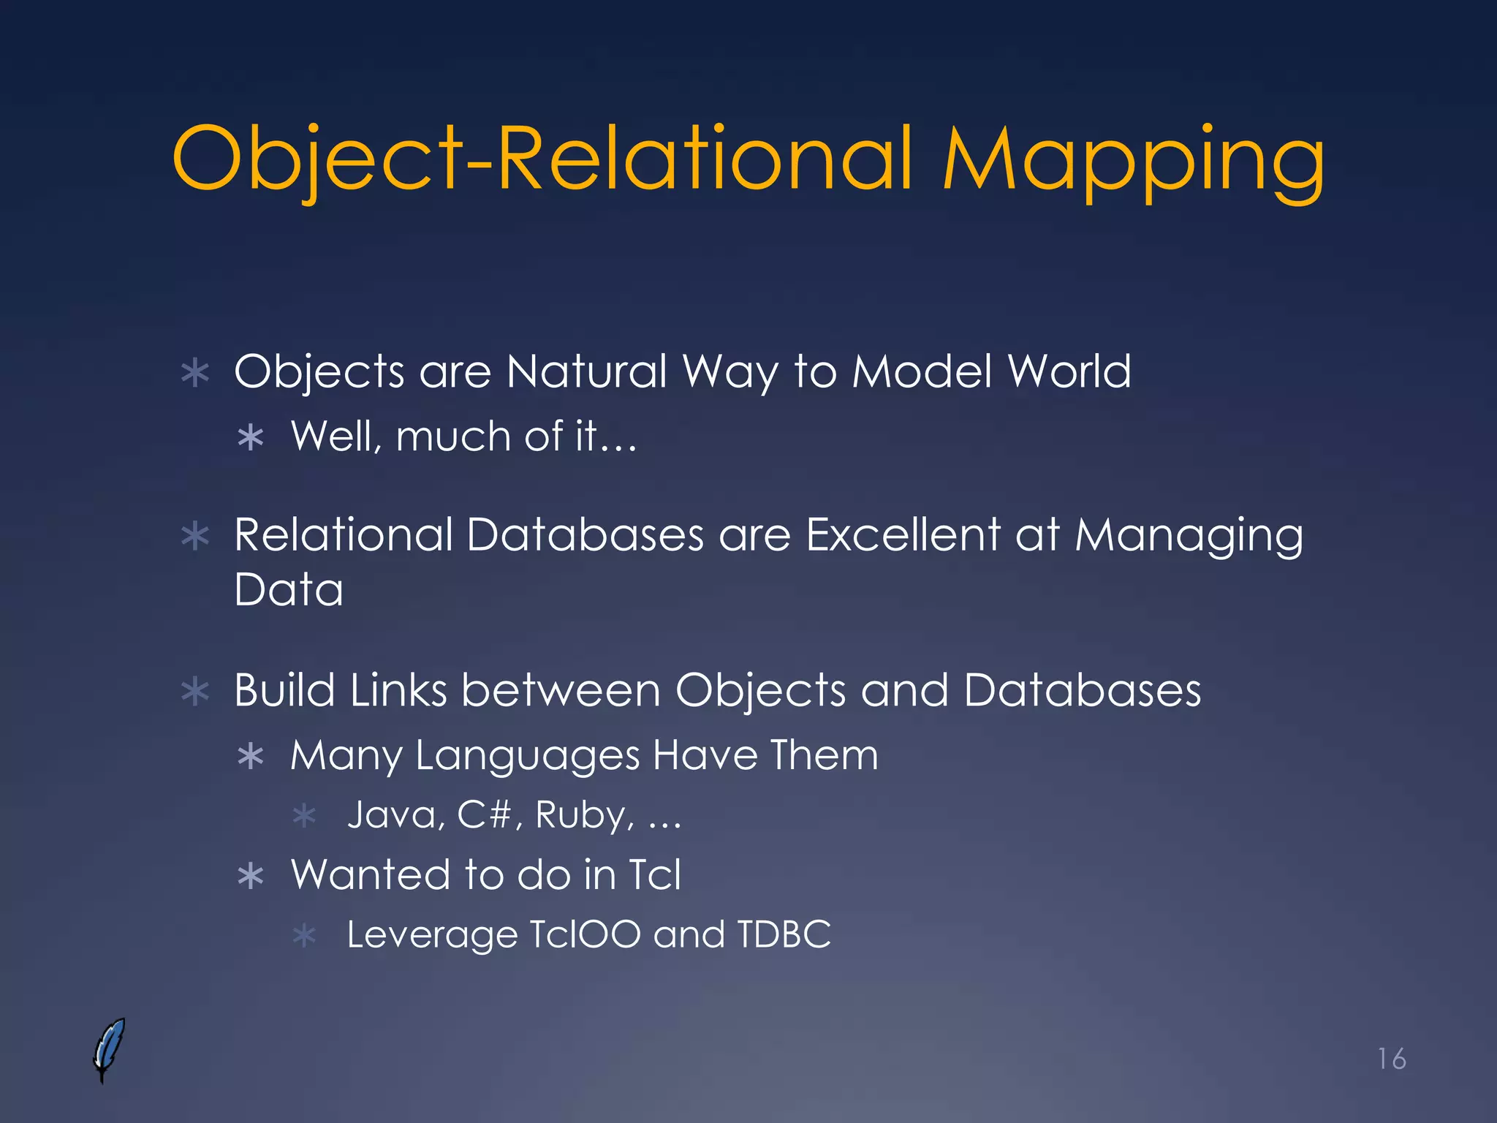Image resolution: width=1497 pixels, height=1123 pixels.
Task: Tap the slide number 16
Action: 1392,1059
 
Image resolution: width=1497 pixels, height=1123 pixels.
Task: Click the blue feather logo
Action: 109,1049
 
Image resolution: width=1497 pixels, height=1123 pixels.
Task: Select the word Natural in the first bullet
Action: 586,371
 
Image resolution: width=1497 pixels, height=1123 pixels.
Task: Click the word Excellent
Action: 903,534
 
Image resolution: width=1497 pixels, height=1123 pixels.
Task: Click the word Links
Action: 398,690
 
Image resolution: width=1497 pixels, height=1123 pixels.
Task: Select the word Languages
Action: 527,756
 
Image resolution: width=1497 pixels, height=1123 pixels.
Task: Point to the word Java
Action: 392,814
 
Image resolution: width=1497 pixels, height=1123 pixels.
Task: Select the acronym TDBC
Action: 784,934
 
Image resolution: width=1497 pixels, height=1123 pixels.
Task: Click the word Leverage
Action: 432,936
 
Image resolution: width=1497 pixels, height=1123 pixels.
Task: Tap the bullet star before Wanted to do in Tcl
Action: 251,876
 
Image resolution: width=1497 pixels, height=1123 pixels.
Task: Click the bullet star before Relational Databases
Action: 195,537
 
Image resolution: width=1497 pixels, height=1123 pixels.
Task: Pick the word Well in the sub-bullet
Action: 333,436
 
